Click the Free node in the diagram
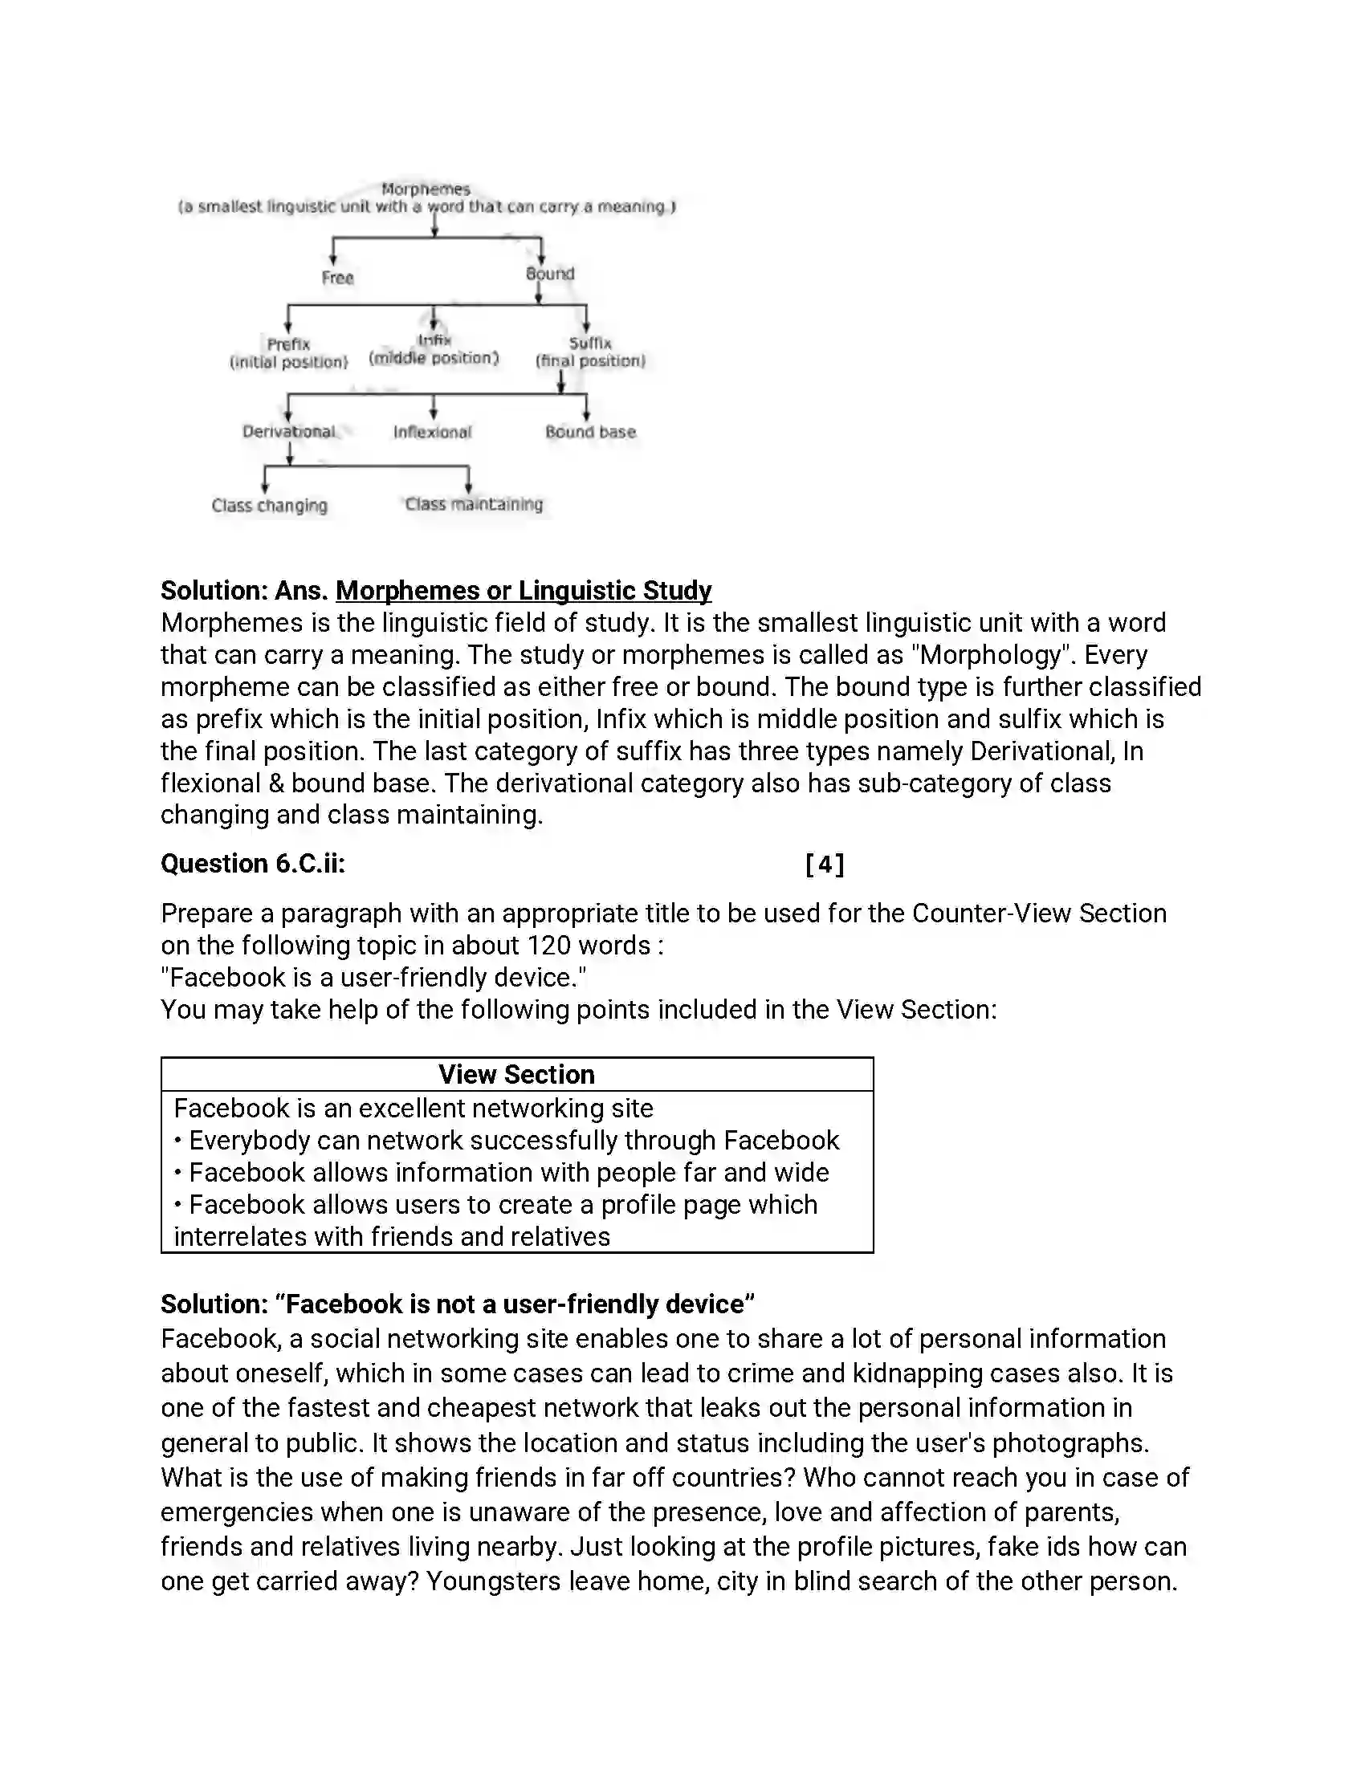click(x=337, y=279)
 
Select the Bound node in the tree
click(x=550, y=274)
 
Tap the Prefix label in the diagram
click(x=289, y=344)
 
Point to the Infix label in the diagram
click(x=434, y=340)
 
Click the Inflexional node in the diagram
click(x=432, y=433)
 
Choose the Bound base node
click(x=590, y=433)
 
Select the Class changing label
click(x=269, y=507)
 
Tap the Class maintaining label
click(x=474, y=505)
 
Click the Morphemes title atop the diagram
click(x=426, y=189)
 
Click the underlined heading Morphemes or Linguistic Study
click(x=524, y=591)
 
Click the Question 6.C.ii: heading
click(x=252, y=864)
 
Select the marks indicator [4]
click(x=825, y=865)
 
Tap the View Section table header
click(x=517, y=1075)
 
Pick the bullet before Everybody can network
click(x=178, y=1141)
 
